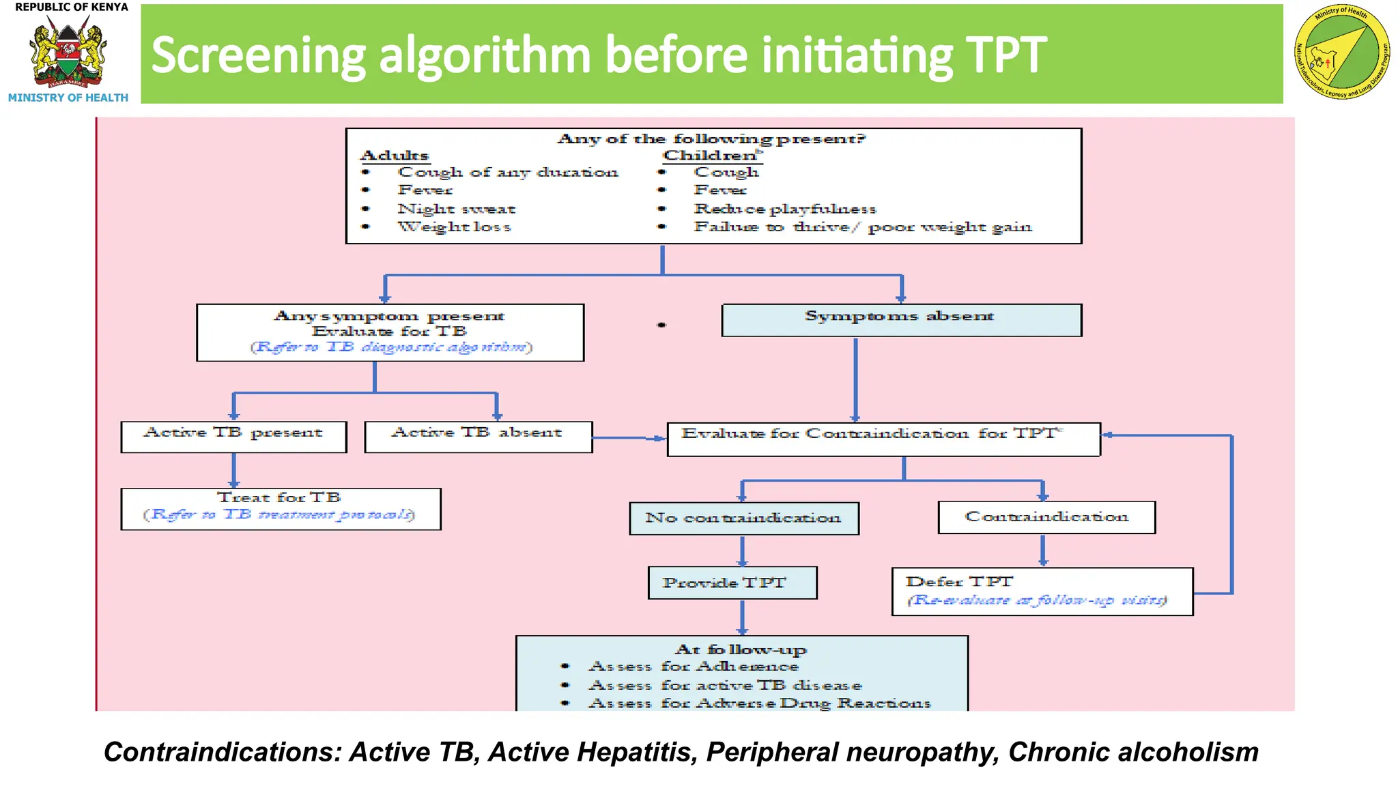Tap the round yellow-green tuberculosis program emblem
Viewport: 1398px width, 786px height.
pyautogui.click(x=1342, y=53)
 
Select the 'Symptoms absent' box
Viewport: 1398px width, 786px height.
pyautogui.click(x=901, y=319)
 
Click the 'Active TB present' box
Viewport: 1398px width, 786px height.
pyautogui.click(x=233, y=436)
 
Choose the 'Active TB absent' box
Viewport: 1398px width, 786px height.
pyautogui.click(x=478, y=436)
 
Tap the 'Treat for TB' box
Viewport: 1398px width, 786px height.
pyautogui.click(x=280, y=508)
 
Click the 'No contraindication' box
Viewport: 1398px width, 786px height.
pyautogui.click(x=743, y=518)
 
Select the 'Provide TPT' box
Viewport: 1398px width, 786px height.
pyautogui.click(x=732, y=583)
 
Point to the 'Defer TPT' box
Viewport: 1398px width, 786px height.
pyautogui.click(x=1042, y=591)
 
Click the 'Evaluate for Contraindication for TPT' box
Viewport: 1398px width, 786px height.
pyautogui.click(x=883, y=438)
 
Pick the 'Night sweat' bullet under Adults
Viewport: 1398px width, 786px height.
pyautogui.click(x=456, y=209)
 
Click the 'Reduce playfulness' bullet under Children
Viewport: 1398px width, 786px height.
pyautogui.click(x=785, y=209)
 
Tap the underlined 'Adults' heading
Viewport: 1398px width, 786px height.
pyautogui.click(x=395, y=156)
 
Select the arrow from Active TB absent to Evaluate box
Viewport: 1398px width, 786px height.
pyautogui.click(x=628, y=437)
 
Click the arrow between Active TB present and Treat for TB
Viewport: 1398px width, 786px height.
pyautogui.click(x=233, y=470)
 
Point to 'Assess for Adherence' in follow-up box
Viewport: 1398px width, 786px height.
pyautogui.click(x=693, y=666)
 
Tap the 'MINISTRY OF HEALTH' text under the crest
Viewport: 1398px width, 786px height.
pyautogui.click(x=68, y=98)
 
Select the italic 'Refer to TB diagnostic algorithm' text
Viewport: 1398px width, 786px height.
pyautogui.click(x=391, y=347)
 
